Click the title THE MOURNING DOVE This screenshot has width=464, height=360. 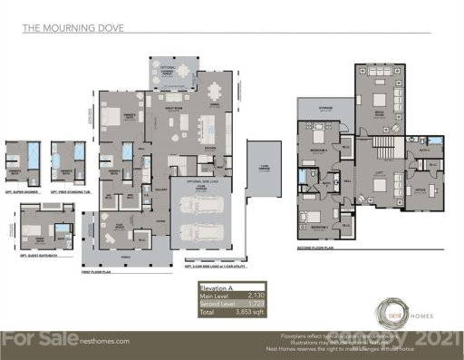[73, 28]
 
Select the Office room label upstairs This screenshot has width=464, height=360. [419, 190]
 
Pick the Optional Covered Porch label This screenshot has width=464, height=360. [168, 68]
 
